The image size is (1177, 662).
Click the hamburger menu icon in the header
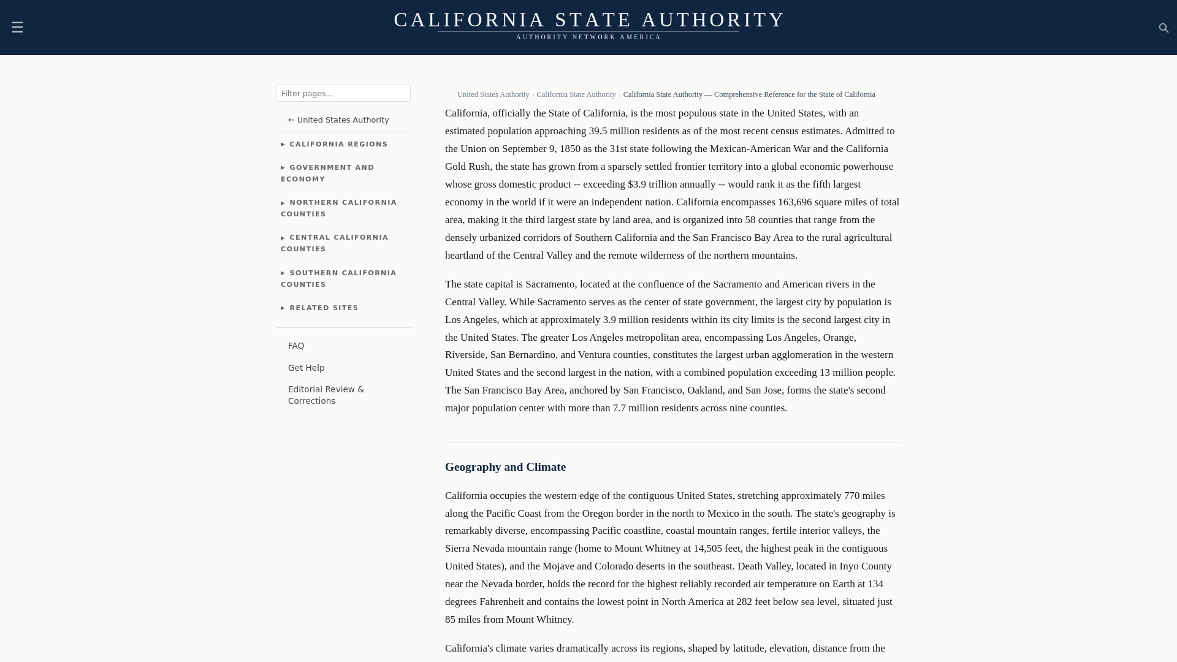(17, 28)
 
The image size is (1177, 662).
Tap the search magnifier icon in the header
(1164, 28)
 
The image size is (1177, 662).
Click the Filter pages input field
(343, 93)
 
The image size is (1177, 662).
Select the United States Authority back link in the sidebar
(338, 120)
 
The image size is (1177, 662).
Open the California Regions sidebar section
(338, 145)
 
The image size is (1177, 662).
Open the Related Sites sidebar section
(323, 308)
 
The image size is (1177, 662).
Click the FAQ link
(296, 346)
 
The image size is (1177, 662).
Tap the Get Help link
(306, 368)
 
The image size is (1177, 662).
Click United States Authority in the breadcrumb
(493, 95)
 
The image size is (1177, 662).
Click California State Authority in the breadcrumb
(576, 95)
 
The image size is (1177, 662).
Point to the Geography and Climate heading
(505, 467)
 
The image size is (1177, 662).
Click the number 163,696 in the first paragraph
(794, 202)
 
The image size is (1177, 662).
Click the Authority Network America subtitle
(588, 37)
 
